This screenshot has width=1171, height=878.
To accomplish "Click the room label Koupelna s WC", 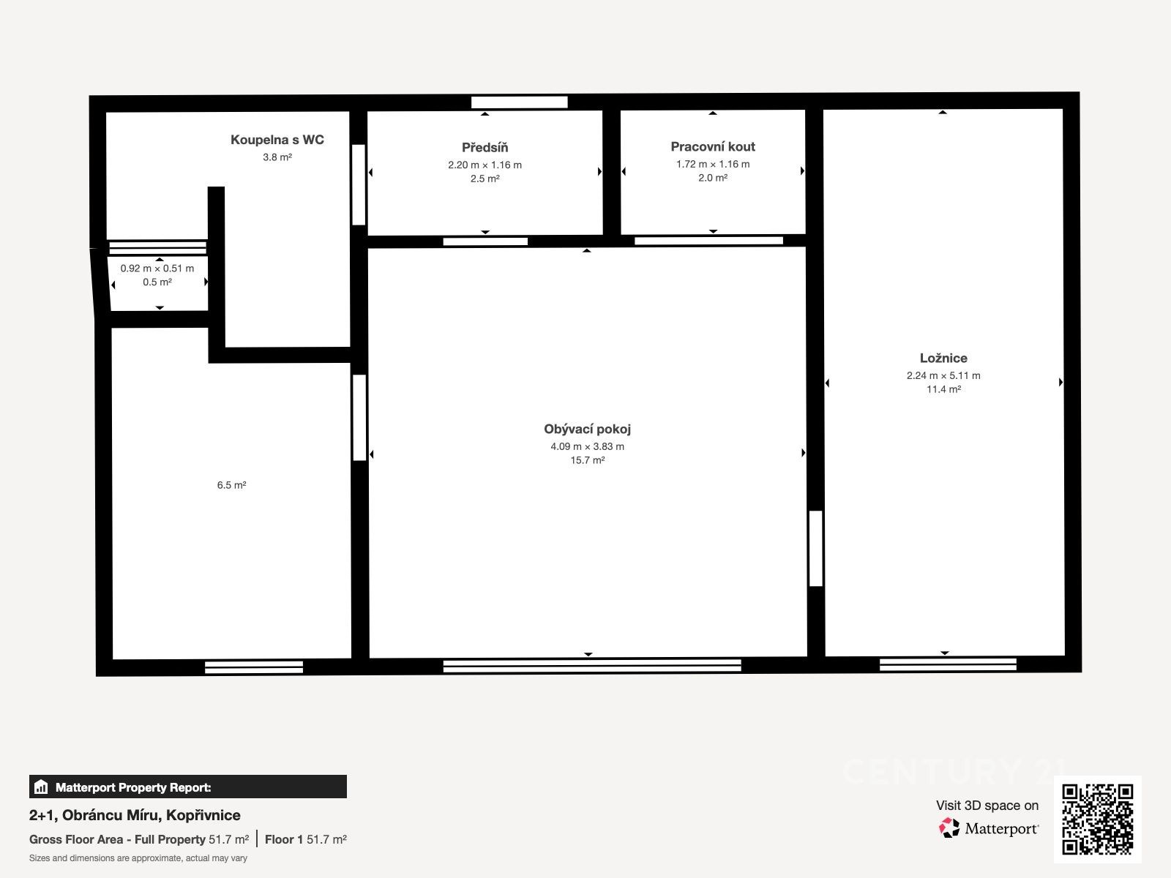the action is [277, 140].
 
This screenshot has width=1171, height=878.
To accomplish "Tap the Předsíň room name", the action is [485, 147].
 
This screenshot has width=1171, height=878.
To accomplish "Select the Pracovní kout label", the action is [713, 146].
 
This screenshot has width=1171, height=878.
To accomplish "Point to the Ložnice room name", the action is [943, 358].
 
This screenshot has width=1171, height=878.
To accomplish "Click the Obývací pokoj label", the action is [587, 429].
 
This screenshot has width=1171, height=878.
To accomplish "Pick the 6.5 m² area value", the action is [231, 485].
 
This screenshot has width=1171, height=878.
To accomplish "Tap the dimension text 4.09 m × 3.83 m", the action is [587, 447].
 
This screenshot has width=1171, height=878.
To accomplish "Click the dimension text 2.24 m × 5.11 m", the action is [943, 376].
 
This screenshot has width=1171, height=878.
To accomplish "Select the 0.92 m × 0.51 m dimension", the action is [157, 268].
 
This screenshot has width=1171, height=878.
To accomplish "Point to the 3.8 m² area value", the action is [277, 157].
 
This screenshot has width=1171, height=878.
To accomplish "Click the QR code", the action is [1097, 819].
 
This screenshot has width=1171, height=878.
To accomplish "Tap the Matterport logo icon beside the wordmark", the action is [949, 828].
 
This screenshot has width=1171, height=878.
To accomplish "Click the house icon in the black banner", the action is [41, 787].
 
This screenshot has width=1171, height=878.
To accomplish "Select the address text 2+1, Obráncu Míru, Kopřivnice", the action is [135, 815].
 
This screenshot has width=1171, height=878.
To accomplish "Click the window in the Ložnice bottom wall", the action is [948, 664].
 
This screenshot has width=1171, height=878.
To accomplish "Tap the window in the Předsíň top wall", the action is [519, 102].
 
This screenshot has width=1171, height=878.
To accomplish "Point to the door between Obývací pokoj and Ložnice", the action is [816, 549].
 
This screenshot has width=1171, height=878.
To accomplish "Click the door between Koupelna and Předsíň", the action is [359, 184].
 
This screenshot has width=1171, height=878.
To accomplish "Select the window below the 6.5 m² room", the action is [253, 667].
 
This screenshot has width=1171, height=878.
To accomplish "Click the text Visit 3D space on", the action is [987, 806].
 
